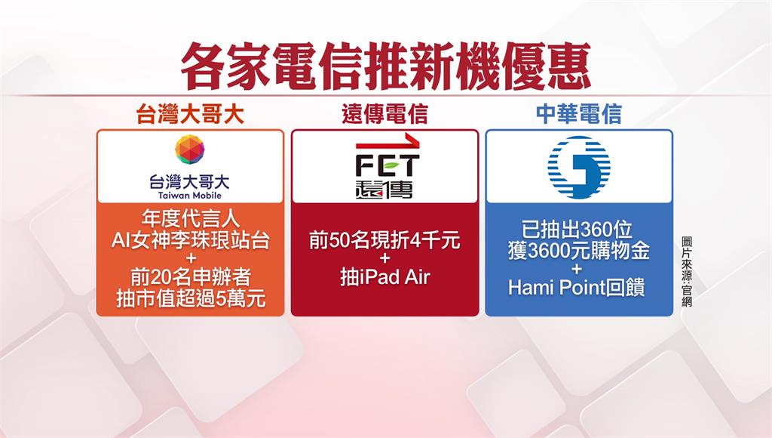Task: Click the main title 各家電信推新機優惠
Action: pyautogui.click(x=385, y=66)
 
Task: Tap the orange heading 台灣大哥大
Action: pyautogui.click(x=190, y=115)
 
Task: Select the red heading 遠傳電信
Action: pyautogui.click(x=384, y=115)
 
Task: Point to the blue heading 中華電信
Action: pyautogui.click(x=578, y=115)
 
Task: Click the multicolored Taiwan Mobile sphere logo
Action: pyautogui.click(x=190, y=150)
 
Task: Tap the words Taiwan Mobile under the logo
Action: pyautogui.click(x=190, y=196)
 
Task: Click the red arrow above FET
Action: pyautogui.click(x=388, y=143)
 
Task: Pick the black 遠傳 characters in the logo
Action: pyautogui.click(x=384, y=190)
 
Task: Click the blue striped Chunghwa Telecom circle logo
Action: pyautogui.click(x=579, y=168)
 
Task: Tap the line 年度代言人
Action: pyautogui.click(x=190, y=218)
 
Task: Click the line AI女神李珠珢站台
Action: pyautogui.click(x=190, y=240)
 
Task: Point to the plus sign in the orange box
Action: pyautogui.click(x=190, y=259)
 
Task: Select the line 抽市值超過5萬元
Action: pyautogui.click(x=191, y=298)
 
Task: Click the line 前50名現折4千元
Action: pyautogui.click(x=384, y=240)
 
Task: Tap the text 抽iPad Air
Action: pyautogui.click(x=385, y=277)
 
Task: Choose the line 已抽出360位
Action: pyautogui.click(x=577, y=230)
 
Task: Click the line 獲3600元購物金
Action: pyautogui.click(x=578, y=251)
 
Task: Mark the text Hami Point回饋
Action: pyautogui.click(x=577, y=288)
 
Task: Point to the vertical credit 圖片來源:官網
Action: pyautogui.click(x=688, y=272)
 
